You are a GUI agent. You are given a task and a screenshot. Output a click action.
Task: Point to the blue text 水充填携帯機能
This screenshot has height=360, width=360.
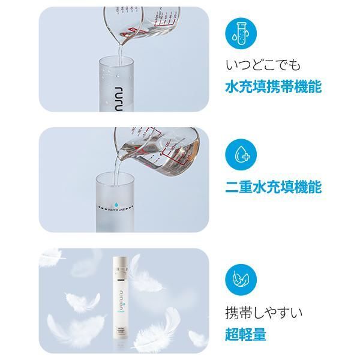coord(273,86)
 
